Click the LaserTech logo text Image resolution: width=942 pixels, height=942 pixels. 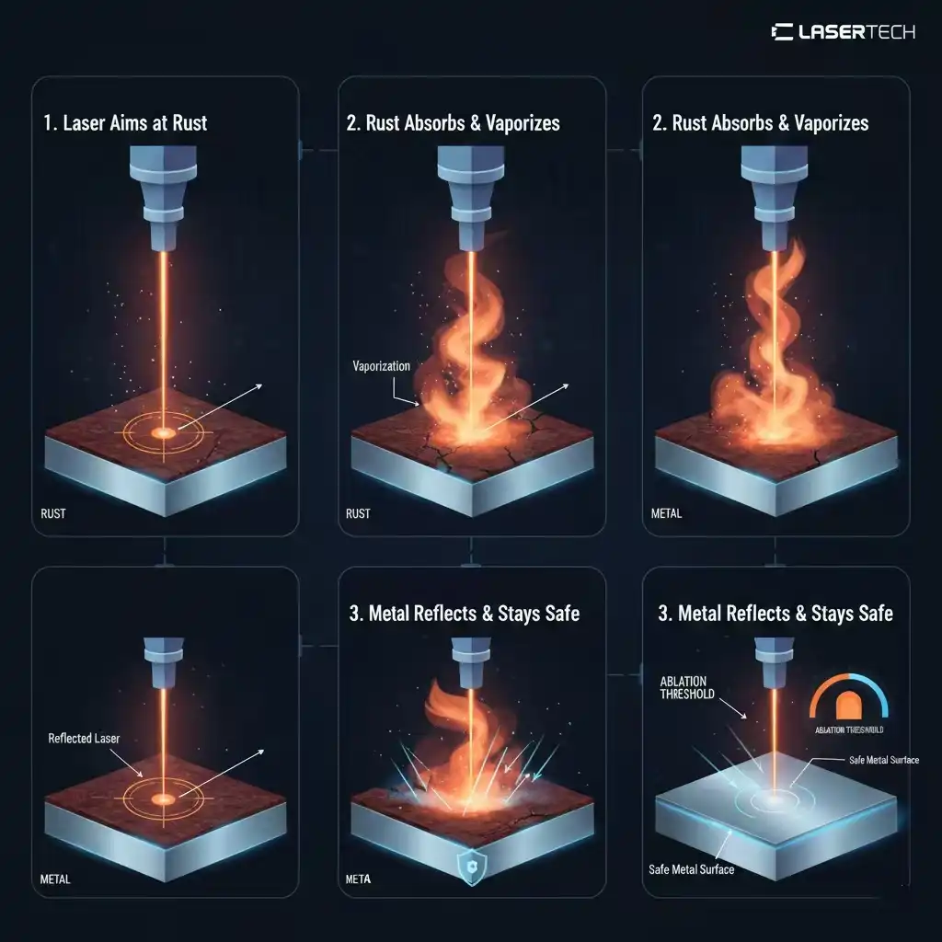(x=843, y=32)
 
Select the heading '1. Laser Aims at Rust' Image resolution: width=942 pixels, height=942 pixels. (x=125, y=123)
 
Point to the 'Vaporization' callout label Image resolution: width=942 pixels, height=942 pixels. (x=382, y=366)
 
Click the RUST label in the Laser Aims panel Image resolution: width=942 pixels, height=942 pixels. (x=54, y=513)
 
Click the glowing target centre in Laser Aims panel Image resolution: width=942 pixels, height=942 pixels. (x=165, y=431)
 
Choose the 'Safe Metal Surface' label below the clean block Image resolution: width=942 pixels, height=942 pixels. (x=692, y=868)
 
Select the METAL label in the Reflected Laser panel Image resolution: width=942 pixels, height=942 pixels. (x=55, y=879)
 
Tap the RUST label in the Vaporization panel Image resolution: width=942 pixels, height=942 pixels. (x=358, y=513)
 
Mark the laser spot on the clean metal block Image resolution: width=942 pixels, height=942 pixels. (x=773, y=798)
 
